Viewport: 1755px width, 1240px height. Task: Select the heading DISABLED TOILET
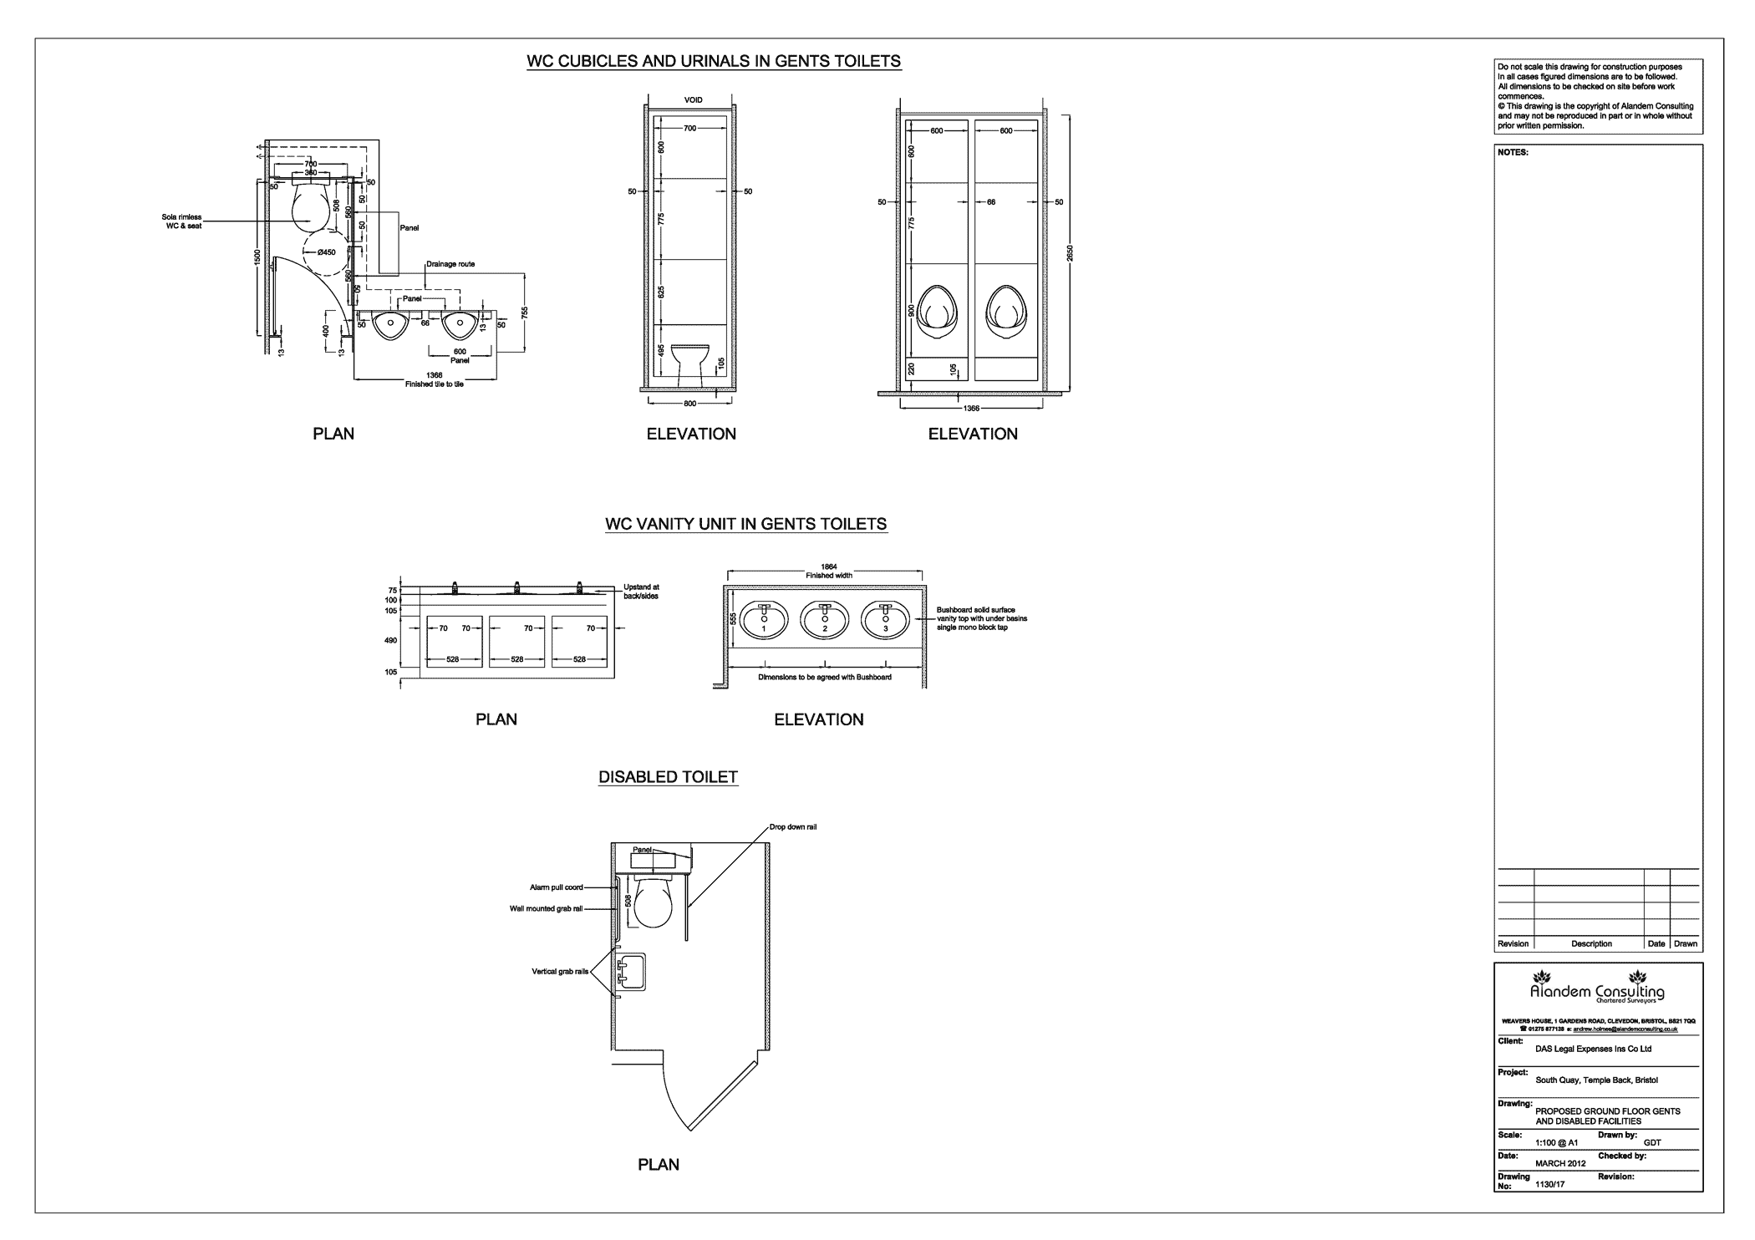(x=668, y=777)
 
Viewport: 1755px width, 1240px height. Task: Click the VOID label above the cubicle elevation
(x=693, y=100)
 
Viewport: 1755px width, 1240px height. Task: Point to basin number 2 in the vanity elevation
(x=824, y=619)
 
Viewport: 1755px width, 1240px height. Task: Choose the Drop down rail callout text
(x=792, y=826)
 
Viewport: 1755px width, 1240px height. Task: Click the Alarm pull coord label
(x=556, y=887)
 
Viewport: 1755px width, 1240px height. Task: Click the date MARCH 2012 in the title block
(x=1560, y=1163)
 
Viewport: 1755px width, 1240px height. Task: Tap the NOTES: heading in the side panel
(x=1513, y=153)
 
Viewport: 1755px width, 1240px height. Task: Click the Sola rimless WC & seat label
(x=182, y=221)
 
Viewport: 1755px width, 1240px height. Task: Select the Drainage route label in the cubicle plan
(x=450, y=264)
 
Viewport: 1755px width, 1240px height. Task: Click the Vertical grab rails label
(x=560, y=972)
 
